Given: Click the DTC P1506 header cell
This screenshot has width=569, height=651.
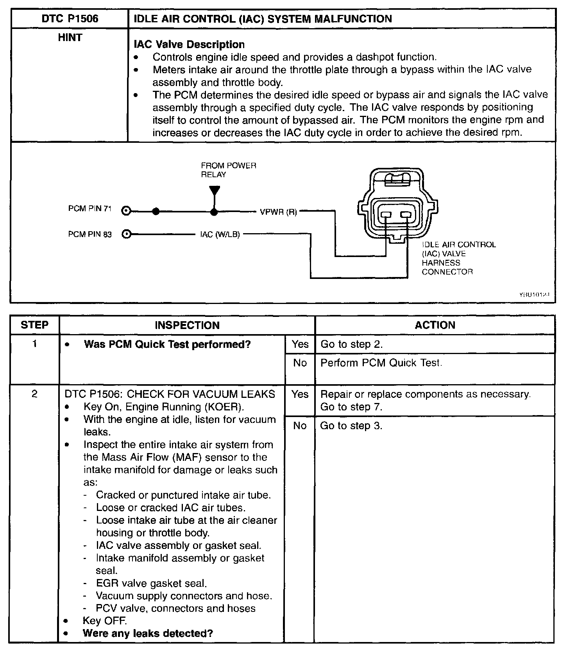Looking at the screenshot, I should pyautogui.click(x=70, y=19).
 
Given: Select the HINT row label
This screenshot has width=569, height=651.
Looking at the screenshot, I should pyautogui.click(x=70, y=38).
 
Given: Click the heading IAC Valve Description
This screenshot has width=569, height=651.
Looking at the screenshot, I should pyautogui.click(x=189, y=45).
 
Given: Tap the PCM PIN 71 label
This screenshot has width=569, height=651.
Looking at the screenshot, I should pyautogui.click(x=90, y=209).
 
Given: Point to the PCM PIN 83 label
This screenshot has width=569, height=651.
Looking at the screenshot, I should pyautogui.click(x=90, y=235).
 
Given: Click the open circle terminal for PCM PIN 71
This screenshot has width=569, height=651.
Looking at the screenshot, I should pyautogui.click(x=126, y=212).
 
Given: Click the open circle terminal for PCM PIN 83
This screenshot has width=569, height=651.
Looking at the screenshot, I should pyautogui.click(x=126, y=235).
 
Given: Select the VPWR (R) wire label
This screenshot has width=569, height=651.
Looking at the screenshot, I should pyautogui.click(x=278, y=212).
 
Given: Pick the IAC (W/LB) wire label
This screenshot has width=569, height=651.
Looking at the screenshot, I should pyautogui.click(x=220, y=235).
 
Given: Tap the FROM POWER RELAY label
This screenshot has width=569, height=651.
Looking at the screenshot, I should pyautogui.click(x=228, y=170).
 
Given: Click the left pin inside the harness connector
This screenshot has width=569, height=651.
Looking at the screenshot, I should pyautogui.click(x=386, y=215).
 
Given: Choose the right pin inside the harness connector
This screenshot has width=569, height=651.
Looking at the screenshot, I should pyautogui.click(x=406, y=215).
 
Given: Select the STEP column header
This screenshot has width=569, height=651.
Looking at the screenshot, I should pyautogui.click(x=34, y=325).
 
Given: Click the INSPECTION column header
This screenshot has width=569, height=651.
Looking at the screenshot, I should pyautogui.click(x=187, y=325).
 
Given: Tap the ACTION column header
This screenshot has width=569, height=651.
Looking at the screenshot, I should pyautogui.click(x=435, y=325).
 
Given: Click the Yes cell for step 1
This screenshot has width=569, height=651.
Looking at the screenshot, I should pyautogui.click(x=300, y=344).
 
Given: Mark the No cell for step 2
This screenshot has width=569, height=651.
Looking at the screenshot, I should pyautogui.click(x=300, y=426).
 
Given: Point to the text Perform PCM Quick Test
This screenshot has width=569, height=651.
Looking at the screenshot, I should pyautogui.click(x=381, y=363).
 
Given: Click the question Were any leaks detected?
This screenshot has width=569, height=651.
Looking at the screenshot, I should pyautogui.click(x=148, y=633).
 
